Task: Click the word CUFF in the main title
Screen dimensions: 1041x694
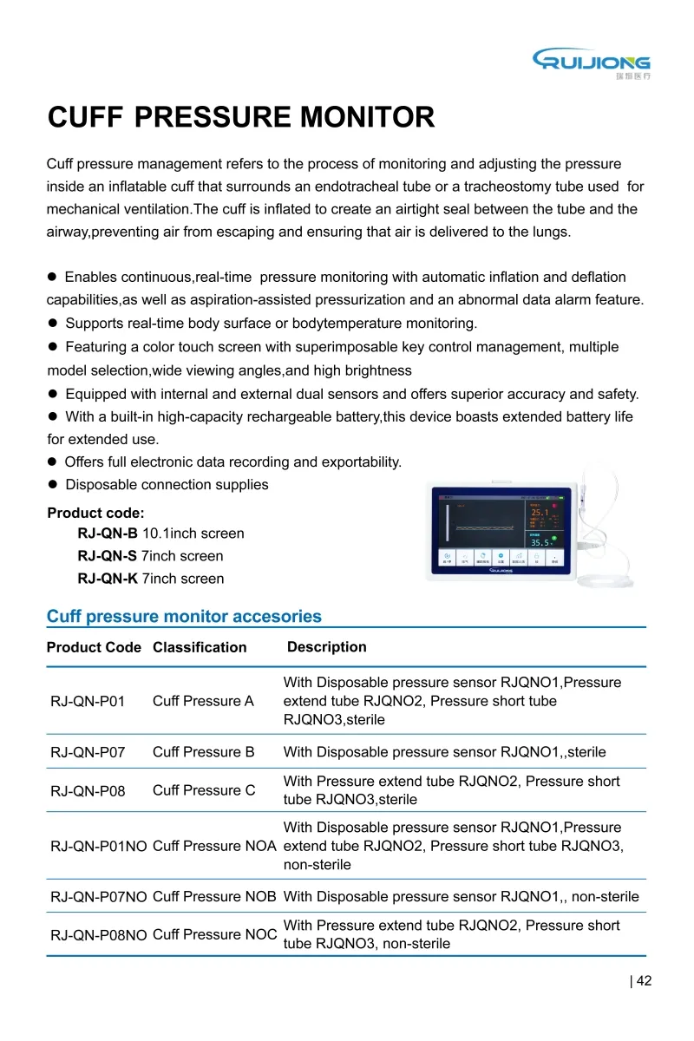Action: tap(88, 117)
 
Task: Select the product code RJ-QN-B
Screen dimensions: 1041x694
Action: tap(108, 534)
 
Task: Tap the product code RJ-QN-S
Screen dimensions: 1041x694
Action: tap(108, 556)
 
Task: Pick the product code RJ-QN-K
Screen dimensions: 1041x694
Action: tap(108, 579)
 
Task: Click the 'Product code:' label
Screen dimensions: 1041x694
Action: tap(95, 513)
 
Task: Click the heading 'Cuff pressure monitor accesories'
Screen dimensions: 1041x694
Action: tap(184, 617)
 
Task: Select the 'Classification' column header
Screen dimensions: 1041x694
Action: tap(200, 647)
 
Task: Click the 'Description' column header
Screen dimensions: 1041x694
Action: tap(326, 647)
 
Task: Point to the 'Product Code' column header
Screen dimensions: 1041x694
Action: tap(94, 647)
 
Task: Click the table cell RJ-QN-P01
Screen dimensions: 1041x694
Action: tap(88, 701)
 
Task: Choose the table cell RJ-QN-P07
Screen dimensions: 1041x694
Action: tap(88, 752)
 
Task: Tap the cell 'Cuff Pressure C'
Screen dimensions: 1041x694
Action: tap(204, 790)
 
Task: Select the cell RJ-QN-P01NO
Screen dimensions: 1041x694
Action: tap(99, 846)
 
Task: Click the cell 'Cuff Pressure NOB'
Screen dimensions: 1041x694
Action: tap(214, 896)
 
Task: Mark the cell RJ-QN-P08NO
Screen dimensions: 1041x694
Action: tap(99, 935)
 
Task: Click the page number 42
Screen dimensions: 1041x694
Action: tap(643, 981)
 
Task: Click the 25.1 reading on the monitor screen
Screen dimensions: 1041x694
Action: tap(540, 513)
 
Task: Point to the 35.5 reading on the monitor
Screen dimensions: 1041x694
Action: tap(540, 542)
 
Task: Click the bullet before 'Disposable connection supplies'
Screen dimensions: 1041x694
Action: tap(52, 485)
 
